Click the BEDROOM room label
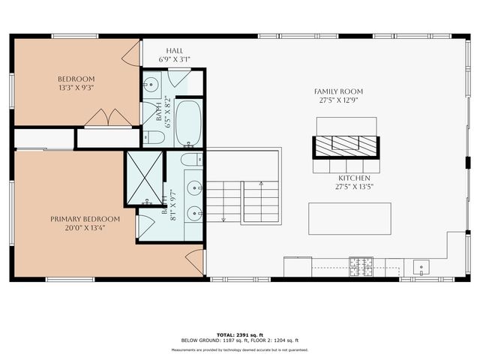[76, 79]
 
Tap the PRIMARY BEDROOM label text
[76, 218]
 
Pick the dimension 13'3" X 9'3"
[76, 88]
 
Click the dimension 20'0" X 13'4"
[76, 228]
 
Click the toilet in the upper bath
[151, 137]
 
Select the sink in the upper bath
[150, 84]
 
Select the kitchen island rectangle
[349, 218]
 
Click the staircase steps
[241, 202]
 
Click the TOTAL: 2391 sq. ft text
[240, 334]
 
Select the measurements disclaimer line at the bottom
[240, 349]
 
